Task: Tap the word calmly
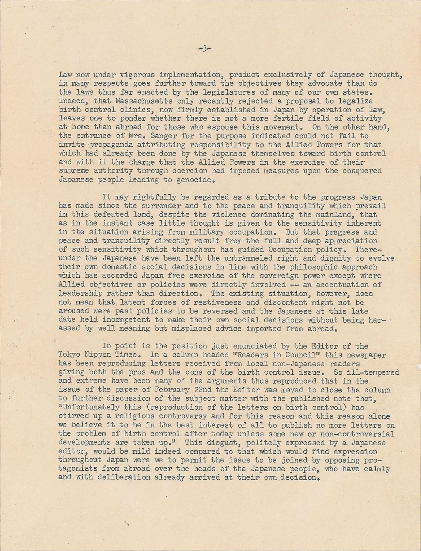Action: (375, 469)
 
